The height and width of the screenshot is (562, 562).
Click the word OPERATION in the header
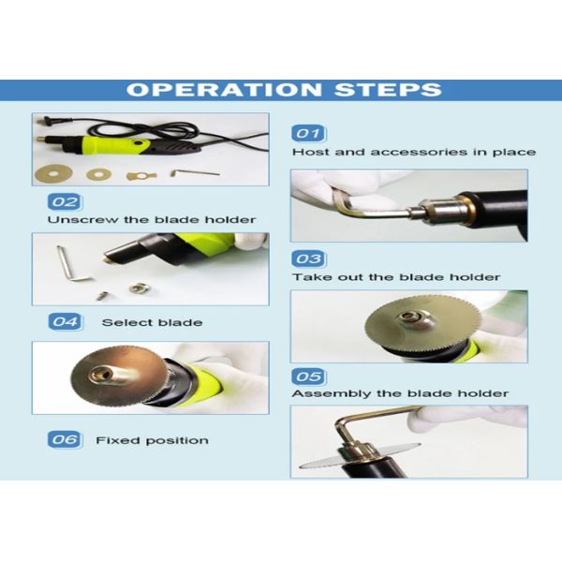click(x=224, y=90)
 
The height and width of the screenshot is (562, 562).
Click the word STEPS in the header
click(x=388, y=90)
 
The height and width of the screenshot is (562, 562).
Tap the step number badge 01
click(x=308, y=133)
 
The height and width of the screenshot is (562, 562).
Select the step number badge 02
click(x=65, y=201)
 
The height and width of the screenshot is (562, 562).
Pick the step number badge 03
click(x=308, y=259)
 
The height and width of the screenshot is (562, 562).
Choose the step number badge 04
click(x=65, y=321)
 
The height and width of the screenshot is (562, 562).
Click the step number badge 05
click(x=308, y=377)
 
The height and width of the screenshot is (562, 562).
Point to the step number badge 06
click(x=65, y=439)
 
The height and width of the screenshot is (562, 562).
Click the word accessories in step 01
click(x=419, y=152)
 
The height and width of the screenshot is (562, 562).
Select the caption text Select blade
click(x=152, y=322)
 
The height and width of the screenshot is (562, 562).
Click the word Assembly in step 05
click(x=332, y=393)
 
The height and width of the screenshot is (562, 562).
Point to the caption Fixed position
click(x=152, y=440)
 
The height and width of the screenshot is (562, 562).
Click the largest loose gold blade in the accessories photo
click(x=53, y=174)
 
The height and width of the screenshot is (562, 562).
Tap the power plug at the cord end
click(x=45, y=121)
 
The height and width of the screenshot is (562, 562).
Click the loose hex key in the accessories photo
click(x=194, y=173)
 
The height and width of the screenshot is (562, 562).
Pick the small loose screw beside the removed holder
click(x=102, y=296)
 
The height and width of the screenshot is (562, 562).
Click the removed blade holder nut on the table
click(x=137, y=288)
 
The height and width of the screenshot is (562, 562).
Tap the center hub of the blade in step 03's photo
click(x=409, y=318)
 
